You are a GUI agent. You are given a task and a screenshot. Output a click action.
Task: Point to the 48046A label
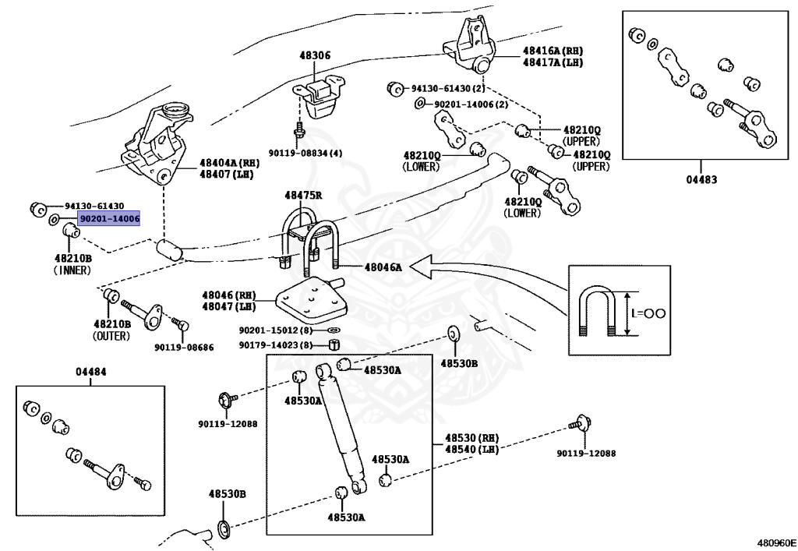383,267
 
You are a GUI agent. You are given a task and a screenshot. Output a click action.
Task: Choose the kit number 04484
91,372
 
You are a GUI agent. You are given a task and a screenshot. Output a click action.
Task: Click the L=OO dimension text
648,313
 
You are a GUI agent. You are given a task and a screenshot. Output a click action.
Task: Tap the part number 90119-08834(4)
305,154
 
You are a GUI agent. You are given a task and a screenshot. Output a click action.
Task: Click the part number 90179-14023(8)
275,345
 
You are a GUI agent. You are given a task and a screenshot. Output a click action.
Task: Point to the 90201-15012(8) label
275,330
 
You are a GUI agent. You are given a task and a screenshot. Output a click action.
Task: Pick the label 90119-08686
183,348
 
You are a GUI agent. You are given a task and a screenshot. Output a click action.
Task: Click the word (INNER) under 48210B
72,270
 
